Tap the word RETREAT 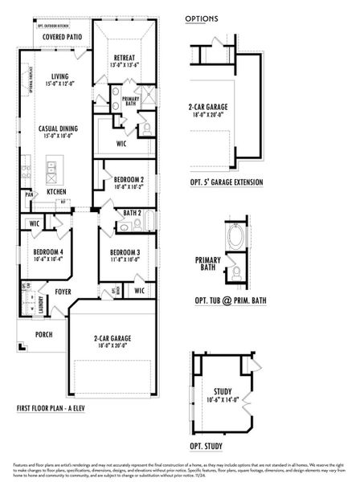click(x=124, y=58)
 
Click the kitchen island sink click(x=51, y=168)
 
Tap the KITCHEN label click(x=56, y=192)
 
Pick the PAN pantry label click(x=29, y=194)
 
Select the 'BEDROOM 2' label click(x=129, y=179)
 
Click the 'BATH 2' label click(x=133, y=213)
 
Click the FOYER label click(x=63, y=292)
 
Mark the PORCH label click(x=43, y=334)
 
